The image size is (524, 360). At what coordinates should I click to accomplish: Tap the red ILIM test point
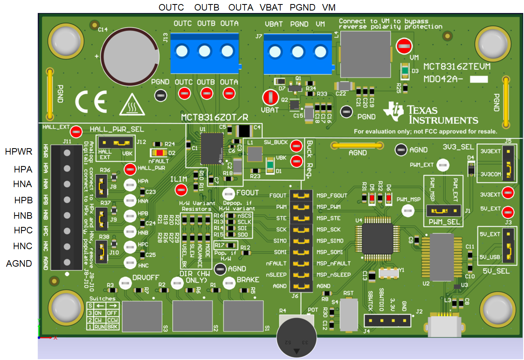pos(180,189)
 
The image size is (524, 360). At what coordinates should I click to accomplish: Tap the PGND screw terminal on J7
pos(298,52)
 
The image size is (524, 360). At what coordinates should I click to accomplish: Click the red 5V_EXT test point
pos(507,211)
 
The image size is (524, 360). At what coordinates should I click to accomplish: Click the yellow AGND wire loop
pos(357,145)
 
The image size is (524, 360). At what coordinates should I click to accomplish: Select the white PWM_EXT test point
pos(443,165)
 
